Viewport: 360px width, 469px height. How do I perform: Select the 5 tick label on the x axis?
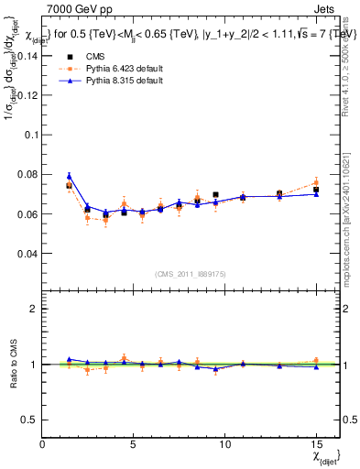(134, 444)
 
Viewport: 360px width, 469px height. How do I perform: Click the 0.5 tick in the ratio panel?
(30, 420)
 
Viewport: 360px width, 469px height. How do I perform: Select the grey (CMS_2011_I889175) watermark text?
(191, 272)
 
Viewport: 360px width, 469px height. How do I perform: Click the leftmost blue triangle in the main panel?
(69, 176)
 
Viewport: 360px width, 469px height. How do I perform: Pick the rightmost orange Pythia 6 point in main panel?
(316, 183)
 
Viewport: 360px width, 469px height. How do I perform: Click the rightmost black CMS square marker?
(316, 190)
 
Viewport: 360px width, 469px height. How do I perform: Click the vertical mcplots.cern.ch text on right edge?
(349, 229)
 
